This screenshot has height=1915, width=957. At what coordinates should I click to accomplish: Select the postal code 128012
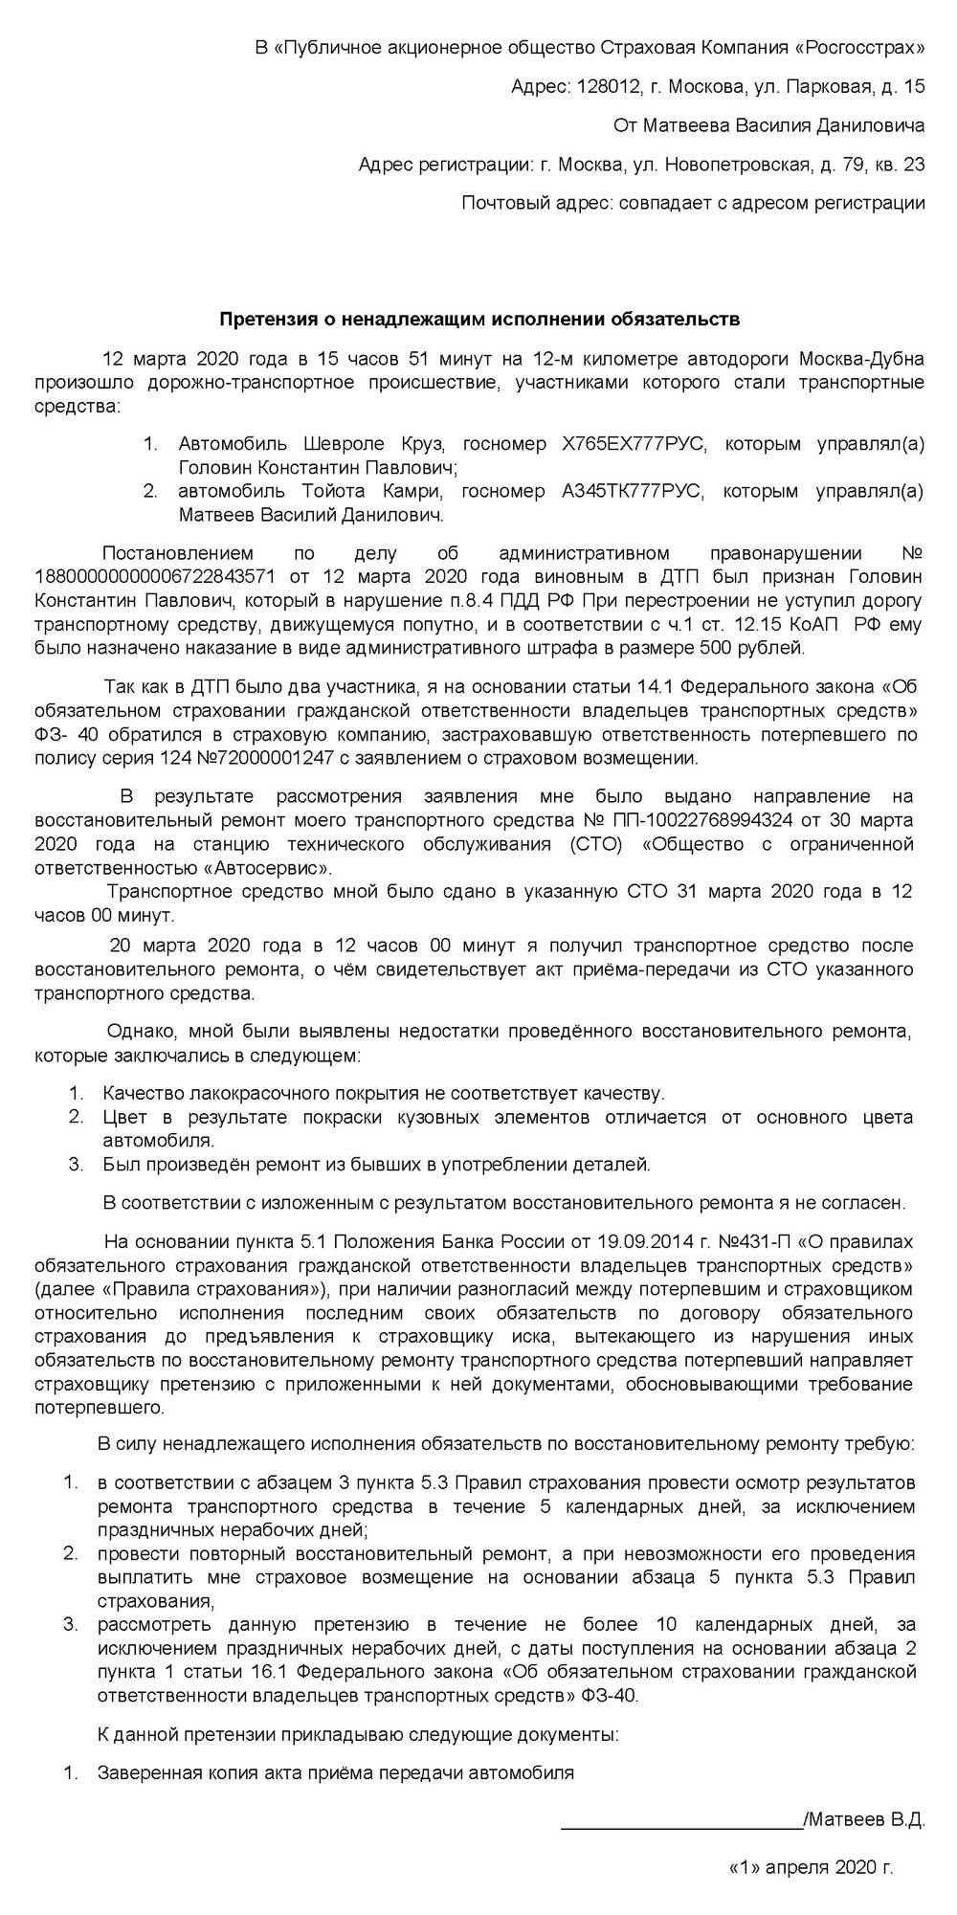pyautogui.click(x=609, y=86)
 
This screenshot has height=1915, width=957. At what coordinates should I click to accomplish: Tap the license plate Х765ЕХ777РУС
pyautogui.click(x=631, y=444)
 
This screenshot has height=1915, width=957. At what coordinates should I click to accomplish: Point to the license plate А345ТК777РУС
pyautogui.click(x=631, y=492)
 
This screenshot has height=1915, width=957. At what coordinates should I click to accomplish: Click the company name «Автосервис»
pyautogui.click(x=278, y=868)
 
